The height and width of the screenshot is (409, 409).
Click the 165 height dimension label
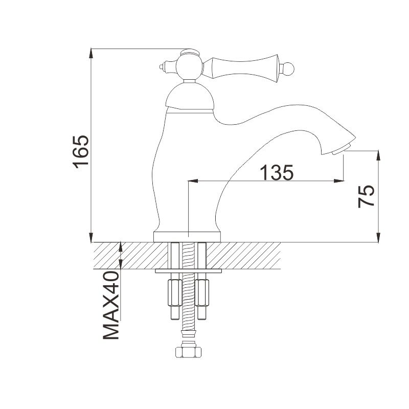[x=81, y=151]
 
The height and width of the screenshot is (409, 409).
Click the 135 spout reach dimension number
[x=276, y=172]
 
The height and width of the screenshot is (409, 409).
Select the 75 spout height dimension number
[x=366, y=196]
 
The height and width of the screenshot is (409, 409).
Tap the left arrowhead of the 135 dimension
[x=193, y=180]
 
